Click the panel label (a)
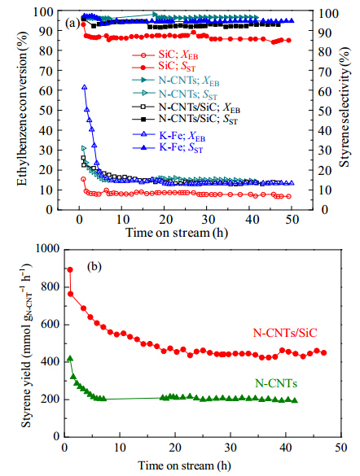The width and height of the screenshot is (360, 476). point(73,24)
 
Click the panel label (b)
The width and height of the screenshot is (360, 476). point(94,267)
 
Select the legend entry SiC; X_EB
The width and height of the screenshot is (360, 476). point(165,55)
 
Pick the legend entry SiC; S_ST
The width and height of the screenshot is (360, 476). point(164,66)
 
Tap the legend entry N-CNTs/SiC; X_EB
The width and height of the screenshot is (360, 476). point(187,107)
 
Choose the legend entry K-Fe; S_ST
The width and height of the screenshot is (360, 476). point(168,148)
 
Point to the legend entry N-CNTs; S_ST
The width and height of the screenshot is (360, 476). point(175,94)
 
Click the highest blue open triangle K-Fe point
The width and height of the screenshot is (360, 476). point(85,87)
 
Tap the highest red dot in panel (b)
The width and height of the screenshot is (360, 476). point(70,270)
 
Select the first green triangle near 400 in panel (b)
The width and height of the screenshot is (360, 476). point(70,359)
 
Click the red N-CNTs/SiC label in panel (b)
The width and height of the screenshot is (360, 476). point(285,333)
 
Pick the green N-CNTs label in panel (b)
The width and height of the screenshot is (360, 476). point(276,383)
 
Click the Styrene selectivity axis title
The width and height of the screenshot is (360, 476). point(345,107)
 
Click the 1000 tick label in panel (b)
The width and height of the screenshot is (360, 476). point(48,248)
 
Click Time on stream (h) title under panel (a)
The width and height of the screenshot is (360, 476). point(177,233)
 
